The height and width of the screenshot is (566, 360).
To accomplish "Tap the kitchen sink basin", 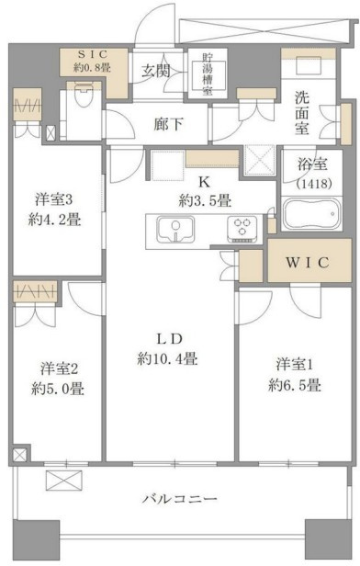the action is click(175, 230).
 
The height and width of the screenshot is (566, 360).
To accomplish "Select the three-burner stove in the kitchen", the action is click(242, 229).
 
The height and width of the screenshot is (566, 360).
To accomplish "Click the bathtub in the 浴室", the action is click(311, 214).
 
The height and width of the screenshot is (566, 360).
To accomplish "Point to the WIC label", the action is click(308, 263).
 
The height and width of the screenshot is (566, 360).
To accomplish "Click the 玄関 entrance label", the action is click(155, 71).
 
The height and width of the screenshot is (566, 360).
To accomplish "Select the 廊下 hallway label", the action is click(168, 125).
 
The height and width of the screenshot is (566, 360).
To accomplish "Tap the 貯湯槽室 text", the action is click(207, 74).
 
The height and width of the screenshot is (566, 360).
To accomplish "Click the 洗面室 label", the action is click(301, 113).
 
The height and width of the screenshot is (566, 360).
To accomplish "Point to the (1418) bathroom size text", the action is click(313, 184).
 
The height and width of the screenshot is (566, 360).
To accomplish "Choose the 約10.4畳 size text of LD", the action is click(167, 358).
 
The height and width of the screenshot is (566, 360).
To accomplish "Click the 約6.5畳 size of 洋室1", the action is click(295, 385).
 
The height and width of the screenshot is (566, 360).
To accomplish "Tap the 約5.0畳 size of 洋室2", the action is click(58, 389).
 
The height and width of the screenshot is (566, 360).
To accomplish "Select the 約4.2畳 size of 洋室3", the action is click(55, 219).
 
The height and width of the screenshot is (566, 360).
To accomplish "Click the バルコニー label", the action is click(179, 499).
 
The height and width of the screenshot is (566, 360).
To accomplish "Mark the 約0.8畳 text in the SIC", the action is click(93, 67).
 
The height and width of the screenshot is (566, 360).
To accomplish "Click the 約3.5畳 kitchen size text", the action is click(205, 200).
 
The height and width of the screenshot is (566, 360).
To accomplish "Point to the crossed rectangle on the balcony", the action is click(64, 481).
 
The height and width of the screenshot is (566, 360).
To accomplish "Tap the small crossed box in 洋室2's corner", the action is click(20, 455).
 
